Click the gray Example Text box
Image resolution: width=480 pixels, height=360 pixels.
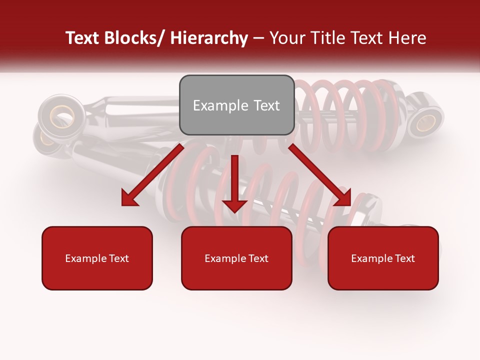(x=236, y=105)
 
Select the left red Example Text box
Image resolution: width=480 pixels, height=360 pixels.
(x=97, y=258)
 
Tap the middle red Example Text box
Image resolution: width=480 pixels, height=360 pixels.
(x=236, y=258)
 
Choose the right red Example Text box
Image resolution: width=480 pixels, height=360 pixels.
(x=383, y=258)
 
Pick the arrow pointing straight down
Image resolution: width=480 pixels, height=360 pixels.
(x=234, y=182)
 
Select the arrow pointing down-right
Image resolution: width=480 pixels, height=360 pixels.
(x=320, y=175)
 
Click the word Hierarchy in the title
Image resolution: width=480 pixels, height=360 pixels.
(x=209, y=38)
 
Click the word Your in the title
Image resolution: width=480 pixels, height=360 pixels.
(x=287, y=38)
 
